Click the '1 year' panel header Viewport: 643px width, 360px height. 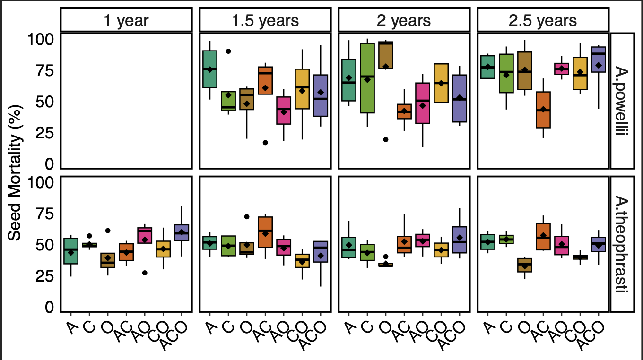(126, 20)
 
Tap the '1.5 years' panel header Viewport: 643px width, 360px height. (265, 20)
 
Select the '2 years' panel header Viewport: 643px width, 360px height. (404, 20)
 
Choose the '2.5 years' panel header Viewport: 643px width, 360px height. (543, 20)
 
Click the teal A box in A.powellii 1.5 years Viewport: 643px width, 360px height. (209, 69)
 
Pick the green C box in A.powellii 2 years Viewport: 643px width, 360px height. (367, 78)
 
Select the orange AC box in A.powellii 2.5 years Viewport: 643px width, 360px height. (543, 110)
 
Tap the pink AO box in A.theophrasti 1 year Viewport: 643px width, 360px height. (145, 235)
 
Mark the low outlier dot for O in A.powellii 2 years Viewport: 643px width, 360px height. (386, 139)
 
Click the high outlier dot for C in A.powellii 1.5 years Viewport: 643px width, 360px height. (228, 51)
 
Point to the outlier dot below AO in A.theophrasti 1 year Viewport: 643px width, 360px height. (145, 273)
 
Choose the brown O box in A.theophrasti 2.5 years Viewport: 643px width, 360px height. (524, 265)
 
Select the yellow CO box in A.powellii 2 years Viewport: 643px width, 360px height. (441, 83)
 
